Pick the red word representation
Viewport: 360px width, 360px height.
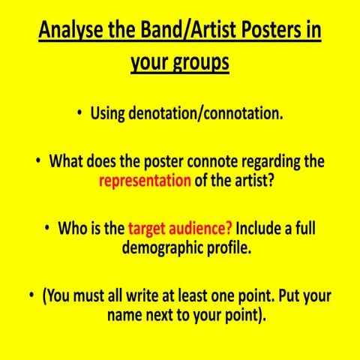[x=145, y=181]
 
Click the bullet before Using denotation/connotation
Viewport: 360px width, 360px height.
[x=79, y=115]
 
